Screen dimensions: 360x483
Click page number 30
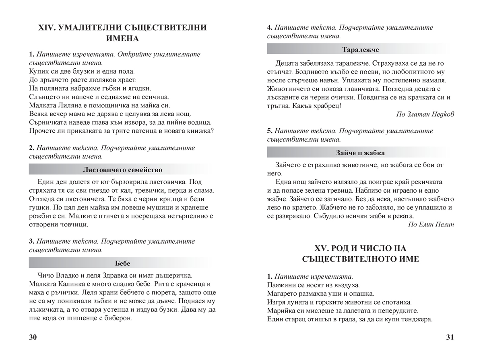33,337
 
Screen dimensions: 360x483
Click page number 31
450,337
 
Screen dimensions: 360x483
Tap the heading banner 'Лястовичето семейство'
122,170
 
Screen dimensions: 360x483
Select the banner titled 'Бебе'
122,263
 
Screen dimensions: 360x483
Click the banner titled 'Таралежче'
360,49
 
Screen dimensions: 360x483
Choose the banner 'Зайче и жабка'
360,153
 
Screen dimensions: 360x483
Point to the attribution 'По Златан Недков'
425,114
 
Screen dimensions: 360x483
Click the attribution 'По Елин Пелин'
431,224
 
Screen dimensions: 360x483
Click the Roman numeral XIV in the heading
45,28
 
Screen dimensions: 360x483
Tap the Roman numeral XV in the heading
320,248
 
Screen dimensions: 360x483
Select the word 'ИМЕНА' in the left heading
122,39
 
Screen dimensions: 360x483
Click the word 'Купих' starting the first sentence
38,71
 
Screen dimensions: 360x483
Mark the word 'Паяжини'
281,285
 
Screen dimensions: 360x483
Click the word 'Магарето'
283,294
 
